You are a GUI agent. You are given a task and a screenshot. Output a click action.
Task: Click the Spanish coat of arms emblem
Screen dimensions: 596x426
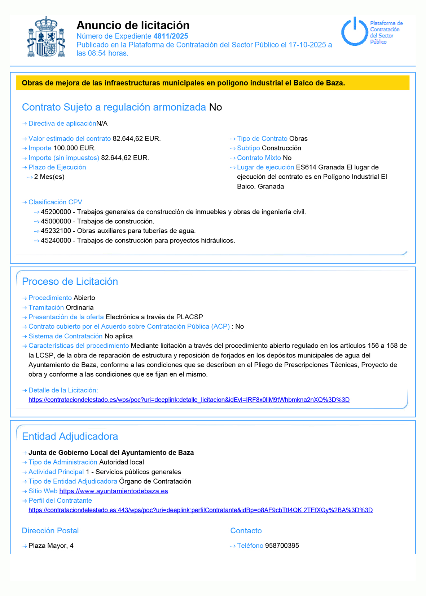pyautogui.click(x=46, y=36)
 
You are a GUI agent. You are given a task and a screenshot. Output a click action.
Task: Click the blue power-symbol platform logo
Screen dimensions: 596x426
pyautogui.click(x=355, y=32)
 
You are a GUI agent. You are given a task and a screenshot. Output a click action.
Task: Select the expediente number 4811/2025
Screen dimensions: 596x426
pyautogui.click(x=171, y=36)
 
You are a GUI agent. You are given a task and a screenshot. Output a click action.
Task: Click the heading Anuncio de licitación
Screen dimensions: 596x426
pyautogui.click(x=133, y=25)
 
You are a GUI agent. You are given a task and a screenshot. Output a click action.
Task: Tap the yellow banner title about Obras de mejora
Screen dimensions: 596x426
pyautogui.click(x=183, y=83)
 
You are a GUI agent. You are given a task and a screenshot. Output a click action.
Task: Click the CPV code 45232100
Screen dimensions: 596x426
pyautogui.click(x=56, y=231)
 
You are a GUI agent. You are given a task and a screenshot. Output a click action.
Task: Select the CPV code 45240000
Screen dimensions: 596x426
pyautogui.click(x=56, y=241)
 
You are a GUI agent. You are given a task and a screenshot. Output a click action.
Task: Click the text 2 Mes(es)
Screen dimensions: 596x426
pyautogui.click(x=49, y=177)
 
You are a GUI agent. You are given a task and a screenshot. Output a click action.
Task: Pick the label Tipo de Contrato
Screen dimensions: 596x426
pyautogui.click(x=262, y=139)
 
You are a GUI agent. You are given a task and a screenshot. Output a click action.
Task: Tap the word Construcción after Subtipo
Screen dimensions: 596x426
pyautogui.click(x=281, y=148)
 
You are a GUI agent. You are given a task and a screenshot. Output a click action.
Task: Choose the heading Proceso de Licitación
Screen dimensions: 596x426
pyautogui.click(x=70, y=281)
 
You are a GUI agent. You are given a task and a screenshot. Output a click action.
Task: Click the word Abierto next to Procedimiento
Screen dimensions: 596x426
pyautogui.click(x=84, y=298)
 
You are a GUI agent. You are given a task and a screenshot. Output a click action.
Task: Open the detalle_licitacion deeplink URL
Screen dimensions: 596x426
pyautogui.click(x=189, y=400)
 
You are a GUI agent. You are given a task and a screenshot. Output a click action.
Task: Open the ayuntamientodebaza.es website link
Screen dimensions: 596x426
pyautogui.click(x=114, y=491)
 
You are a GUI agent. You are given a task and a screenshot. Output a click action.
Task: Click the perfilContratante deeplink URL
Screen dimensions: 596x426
pyautogui.click(x=201, y=510)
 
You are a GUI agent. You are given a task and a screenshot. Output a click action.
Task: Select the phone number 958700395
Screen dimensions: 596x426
pyautogui.click(x=282, y=546)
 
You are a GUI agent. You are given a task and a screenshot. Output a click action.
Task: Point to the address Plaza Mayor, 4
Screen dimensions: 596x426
pyautogui.click(x=51, y=546)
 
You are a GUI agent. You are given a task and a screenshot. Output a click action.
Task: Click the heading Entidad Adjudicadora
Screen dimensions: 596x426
pyautogui.click(x=70, y=436)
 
